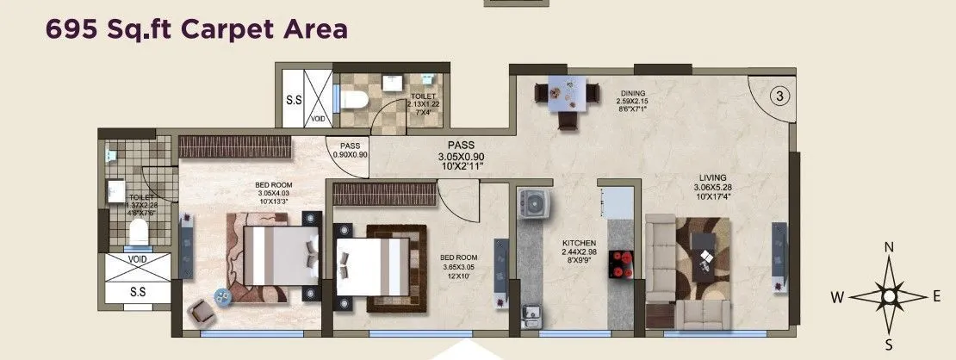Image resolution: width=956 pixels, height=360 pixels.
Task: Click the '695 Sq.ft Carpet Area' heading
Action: (187, 28)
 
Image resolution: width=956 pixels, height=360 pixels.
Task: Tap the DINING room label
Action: (630, 93)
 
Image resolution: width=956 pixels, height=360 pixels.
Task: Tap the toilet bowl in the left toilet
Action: (136, 231)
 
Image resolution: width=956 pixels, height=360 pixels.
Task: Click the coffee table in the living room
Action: (707, 255)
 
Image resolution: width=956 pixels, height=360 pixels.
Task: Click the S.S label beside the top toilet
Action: (294, 101)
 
